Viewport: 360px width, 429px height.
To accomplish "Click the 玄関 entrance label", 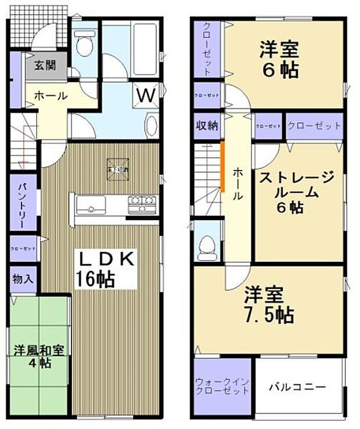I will click(44, 65).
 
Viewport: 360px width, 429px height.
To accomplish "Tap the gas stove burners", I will click(142, 204).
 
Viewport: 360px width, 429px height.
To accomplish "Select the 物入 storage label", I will click(22, 279).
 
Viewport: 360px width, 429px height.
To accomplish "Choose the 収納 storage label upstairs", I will click(206, 126).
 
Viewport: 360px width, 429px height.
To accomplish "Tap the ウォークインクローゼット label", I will click(222, 386).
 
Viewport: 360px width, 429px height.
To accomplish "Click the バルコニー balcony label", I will click(297, 387).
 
